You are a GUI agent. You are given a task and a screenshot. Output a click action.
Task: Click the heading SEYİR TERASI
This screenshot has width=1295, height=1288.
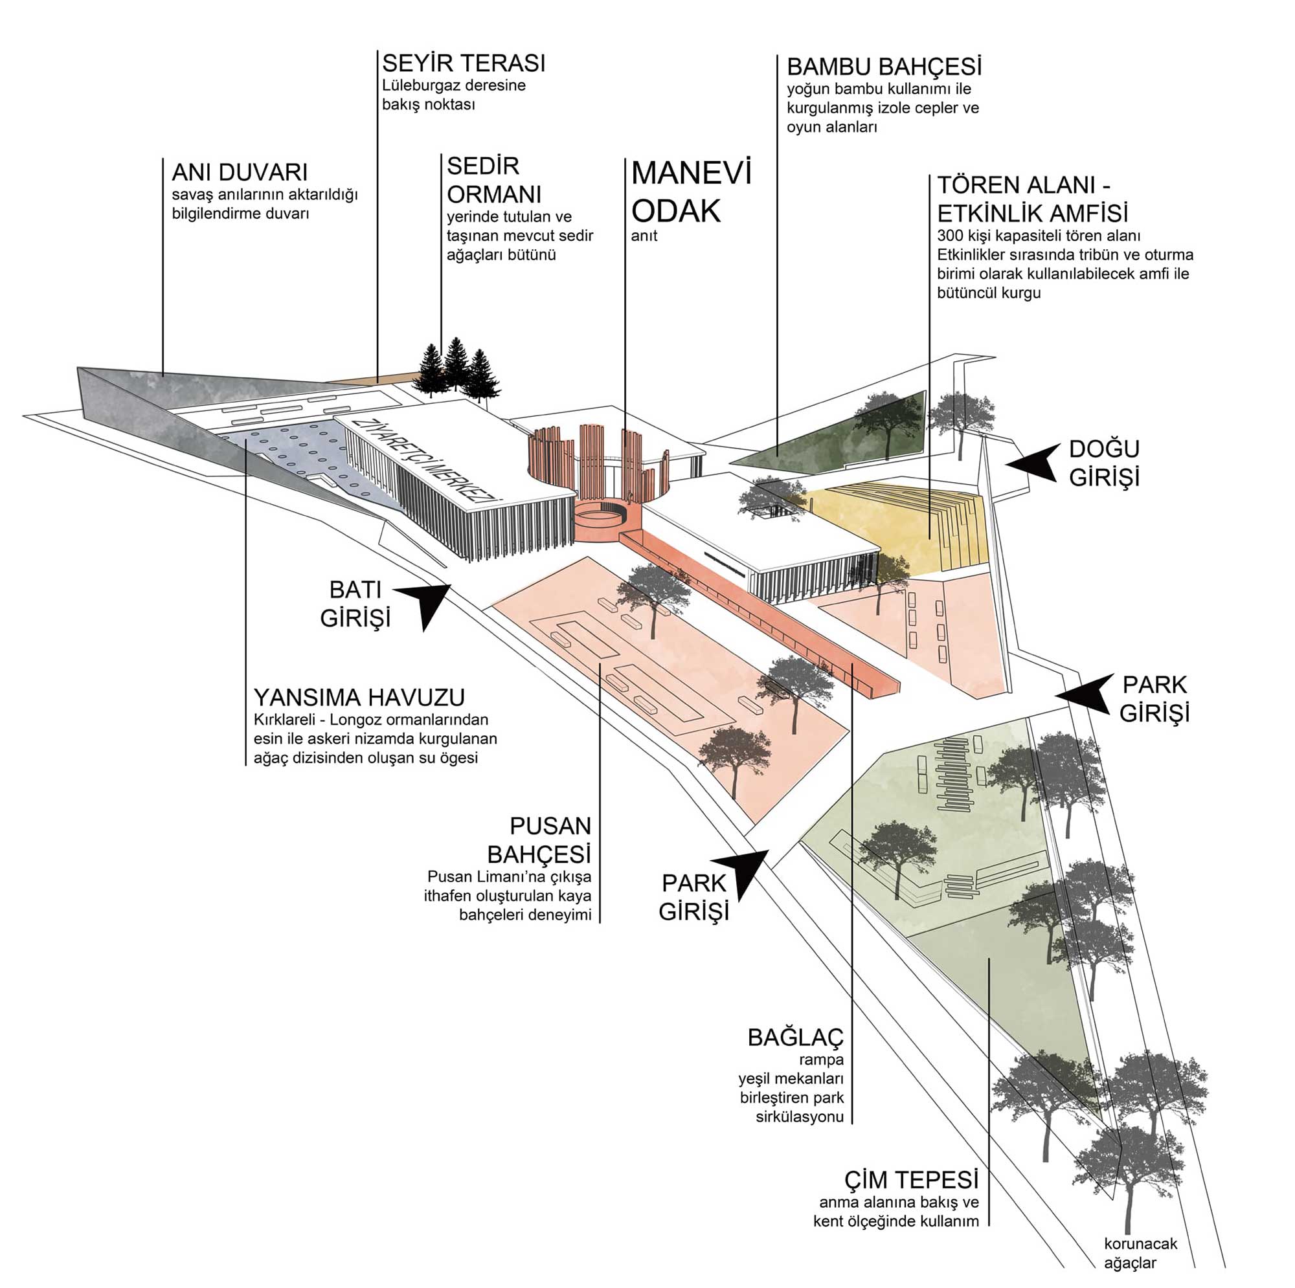(464, 63)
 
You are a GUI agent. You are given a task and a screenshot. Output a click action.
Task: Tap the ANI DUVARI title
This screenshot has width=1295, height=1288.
(240, 172)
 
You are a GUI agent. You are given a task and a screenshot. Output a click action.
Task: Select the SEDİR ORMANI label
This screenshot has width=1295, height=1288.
(494, 179)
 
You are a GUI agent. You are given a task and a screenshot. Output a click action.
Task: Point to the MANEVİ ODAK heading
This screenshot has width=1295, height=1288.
(691, 192)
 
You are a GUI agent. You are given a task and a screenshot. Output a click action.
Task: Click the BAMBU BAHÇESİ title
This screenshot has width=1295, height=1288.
(884, 67)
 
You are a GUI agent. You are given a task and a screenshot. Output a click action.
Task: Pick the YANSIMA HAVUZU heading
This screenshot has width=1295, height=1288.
(359, 698)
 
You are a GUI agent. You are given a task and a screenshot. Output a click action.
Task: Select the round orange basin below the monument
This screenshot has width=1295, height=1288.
(601, 522)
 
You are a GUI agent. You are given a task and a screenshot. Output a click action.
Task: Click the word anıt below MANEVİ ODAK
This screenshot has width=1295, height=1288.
(644, 236)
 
